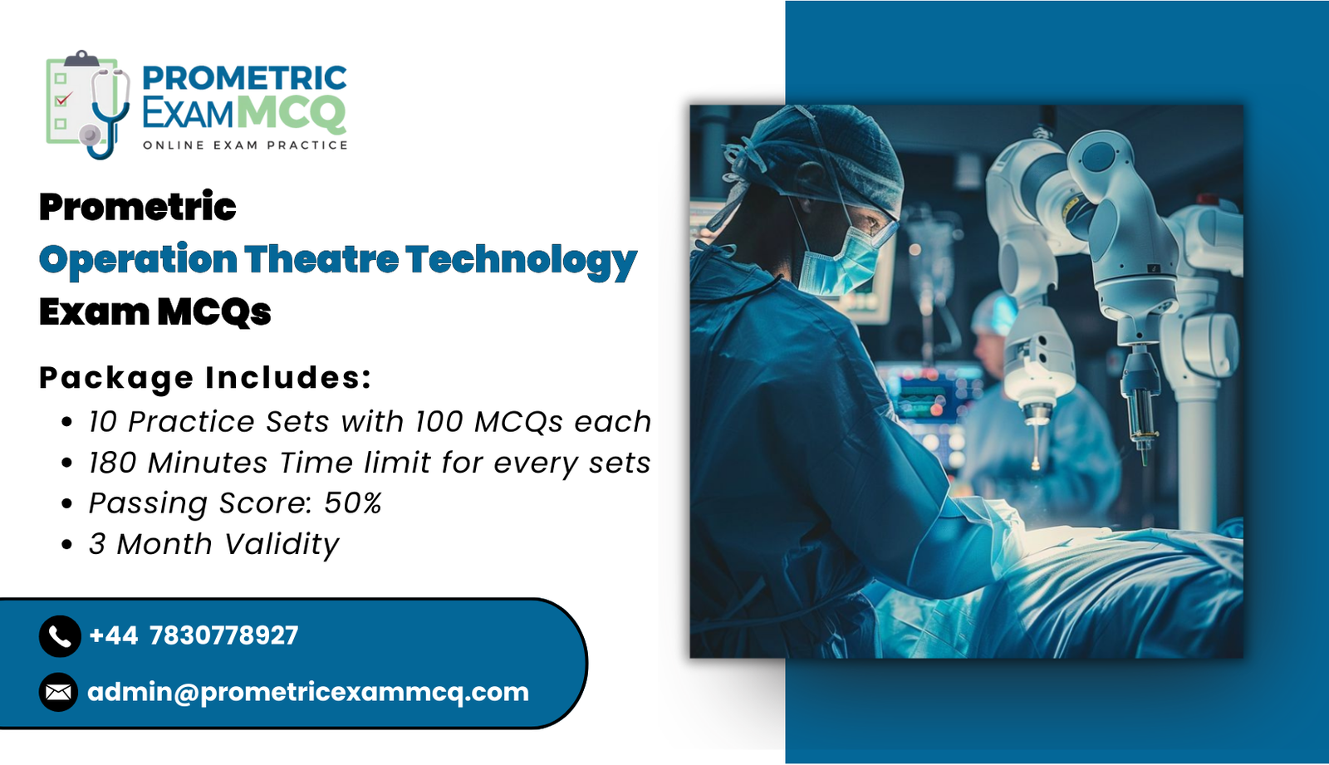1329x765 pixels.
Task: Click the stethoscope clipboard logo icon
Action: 88,105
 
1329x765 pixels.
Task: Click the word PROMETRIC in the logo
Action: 244,78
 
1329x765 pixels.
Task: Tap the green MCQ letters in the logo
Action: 292,113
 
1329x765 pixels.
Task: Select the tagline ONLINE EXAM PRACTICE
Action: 245,145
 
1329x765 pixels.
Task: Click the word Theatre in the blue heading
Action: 321,259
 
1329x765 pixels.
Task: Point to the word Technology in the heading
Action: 522,262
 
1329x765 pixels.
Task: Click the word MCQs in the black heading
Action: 214,312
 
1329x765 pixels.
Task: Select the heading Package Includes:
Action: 205,378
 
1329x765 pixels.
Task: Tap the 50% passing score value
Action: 353,503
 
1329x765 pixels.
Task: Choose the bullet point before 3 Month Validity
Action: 67,545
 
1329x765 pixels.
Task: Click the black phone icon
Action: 60,636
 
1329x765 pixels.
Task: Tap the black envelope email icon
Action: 59,692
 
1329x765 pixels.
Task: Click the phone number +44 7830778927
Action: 194,635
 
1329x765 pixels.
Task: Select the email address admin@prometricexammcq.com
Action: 308,693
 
